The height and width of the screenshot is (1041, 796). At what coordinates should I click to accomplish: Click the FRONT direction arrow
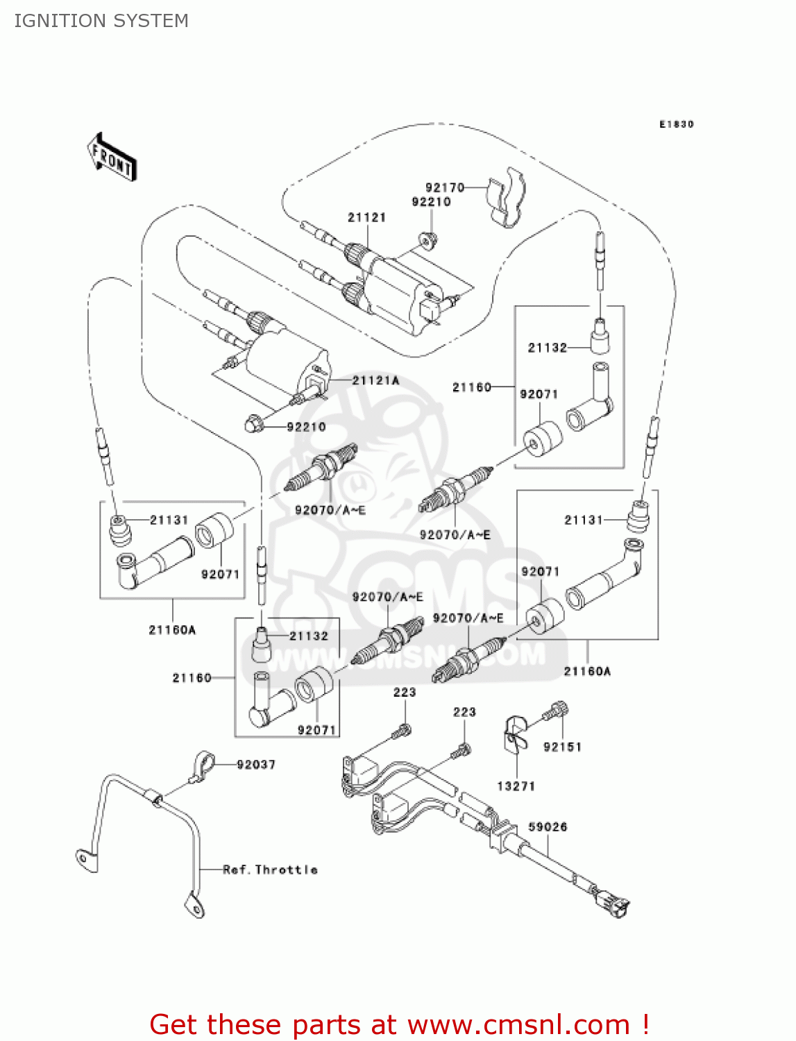click(112, 158)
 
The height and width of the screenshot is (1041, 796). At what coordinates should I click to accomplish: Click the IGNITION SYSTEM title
click(101, 21)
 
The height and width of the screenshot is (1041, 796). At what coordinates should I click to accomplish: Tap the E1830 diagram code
click(676, 124)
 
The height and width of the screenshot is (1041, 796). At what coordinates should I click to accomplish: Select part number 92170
click(444, 187)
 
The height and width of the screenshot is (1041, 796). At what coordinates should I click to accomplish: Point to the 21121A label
click(375, 380)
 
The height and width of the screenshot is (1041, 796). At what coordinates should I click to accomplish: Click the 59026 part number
click(548, 827)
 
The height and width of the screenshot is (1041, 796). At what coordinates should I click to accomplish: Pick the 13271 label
click(516, 786)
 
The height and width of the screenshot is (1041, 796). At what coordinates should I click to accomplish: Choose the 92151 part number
click(562, 747)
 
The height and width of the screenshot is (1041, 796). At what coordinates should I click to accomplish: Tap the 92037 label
click(255, 764)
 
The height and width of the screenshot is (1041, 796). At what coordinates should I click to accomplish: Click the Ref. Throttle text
click(270, 870)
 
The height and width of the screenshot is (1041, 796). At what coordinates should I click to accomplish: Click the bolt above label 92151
click(557, 711)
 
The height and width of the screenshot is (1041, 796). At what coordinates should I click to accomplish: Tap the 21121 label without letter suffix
click(366, 217)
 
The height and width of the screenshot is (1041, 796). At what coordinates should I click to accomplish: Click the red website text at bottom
click(399, 1024)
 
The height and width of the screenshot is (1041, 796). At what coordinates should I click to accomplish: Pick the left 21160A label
click(172, 629)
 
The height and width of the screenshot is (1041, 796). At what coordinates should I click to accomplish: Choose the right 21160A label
click(587, 671)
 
